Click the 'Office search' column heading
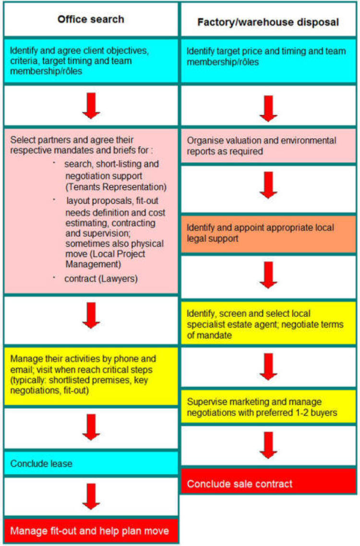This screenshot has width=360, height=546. [x=91, y=19]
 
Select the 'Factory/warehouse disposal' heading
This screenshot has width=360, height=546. [x=268, y=22]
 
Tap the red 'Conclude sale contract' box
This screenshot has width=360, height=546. [x=268, y=481]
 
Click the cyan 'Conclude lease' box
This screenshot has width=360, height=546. [x=91, y=463]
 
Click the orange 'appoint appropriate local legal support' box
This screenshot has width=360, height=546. [x=268, y=234]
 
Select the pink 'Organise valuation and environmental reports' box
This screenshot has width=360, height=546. [x=268, y=146]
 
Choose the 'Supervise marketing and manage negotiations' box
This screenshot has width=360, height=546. [x=268, y=407]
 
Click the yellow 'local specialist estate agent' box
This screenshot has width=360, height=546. [x=268, y=324]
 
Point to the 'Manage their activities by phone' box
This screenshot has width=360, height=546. [x=91, y=376]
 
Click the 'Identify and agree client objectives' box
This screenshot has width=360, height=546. [x=91, y=61]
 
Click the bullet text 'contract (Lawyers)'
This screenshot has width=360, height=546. [x=101, y=279]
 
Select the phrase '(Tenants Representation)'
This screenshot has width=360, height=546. [x=116, y=187]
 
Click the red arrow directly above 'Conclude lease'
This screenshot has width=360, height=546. [x=91, y=427]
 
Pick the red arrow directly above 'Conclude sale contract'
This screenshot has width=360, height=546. [x=268, y=445]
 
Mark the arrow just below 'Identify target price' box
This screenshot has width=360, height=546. [x=268, y=109]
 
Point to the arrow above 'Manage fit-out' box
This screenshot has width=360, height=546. [x=91, y=497]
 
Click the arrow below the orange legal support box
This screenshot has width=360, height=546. [x=268, y=275]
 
